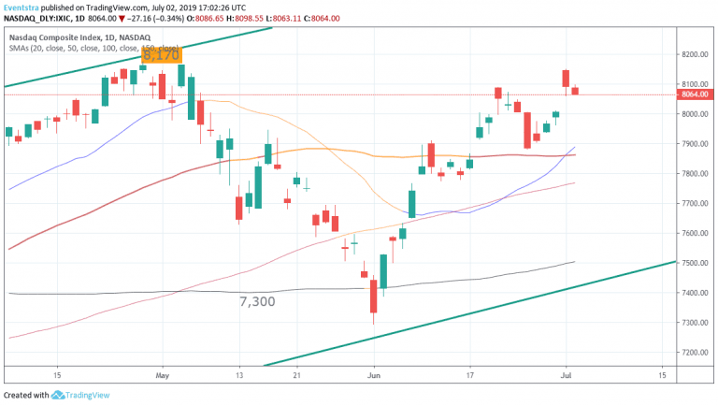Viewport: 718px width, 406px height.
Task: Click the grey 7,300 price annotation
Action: pos(259,301)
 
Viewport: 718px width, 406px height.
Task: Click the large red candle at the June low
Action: pos(373,296)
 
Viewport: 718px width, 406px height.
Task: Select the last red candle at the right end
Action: pos(576,91)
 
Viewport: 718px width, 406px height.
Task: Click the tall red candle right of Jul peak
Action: pos(566,79)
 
